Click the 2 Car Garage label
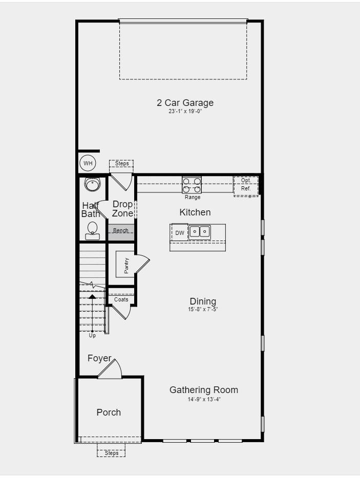coord(185,103)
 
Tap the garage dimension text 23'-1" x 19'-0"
coord(185,111)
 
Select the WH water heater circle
coord(88,163)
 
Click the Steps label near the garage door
coord(121,164)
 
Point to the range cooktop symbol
coord(192,184)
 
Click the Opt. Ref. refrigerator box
coord(246,185)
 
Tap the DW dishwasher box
coord(180,233)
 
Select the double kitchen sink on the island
coord(199,232)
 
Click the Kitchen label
coord(195,212)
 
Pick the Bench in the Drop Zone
coord(121,231)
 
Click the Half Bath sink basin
coord(92,184)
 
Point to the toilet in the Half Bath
coord(93,230)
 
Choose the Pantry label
coord(126,265)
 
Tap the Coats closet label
coord(121,299)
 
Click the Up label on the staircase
coord(92,336)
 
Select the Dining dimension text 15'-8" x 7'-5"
coord(203,310)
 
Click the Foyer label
coord(99,358)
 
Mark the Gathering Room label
coord(204,390)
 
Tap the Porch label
coord(109,412)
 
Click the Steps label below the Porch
coord(111,453)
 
